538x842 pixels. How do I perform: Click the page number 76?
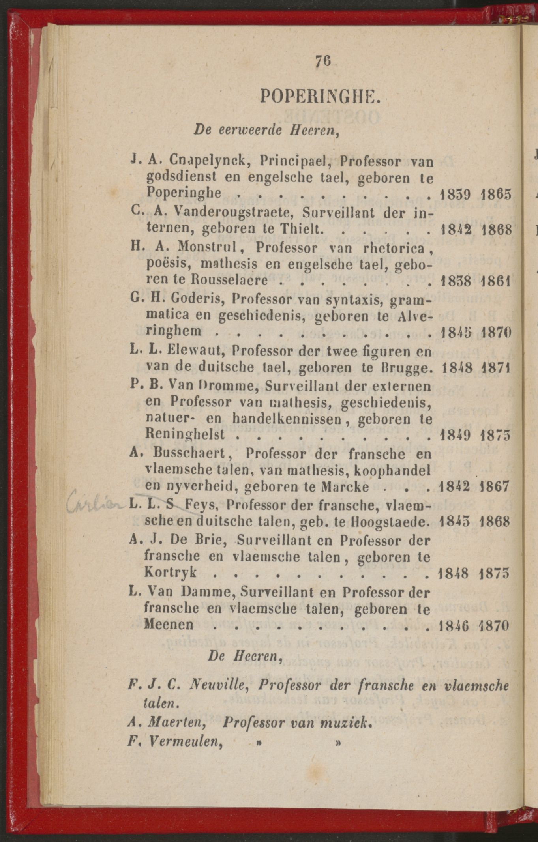pyautogui.click(x=323, y=62)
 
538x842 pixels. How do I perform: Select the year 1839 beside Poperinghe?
pyautogui.click(x=454, y=194)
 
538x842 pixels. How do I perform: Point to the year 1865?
pyautogui.click(x=497, y=194)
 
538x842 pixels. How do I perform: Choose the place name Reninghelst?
pyautogui.click(x=185, y=434)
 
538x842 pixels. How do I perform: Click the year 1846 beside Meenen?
pyautogui.click(x=454, y=626)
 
